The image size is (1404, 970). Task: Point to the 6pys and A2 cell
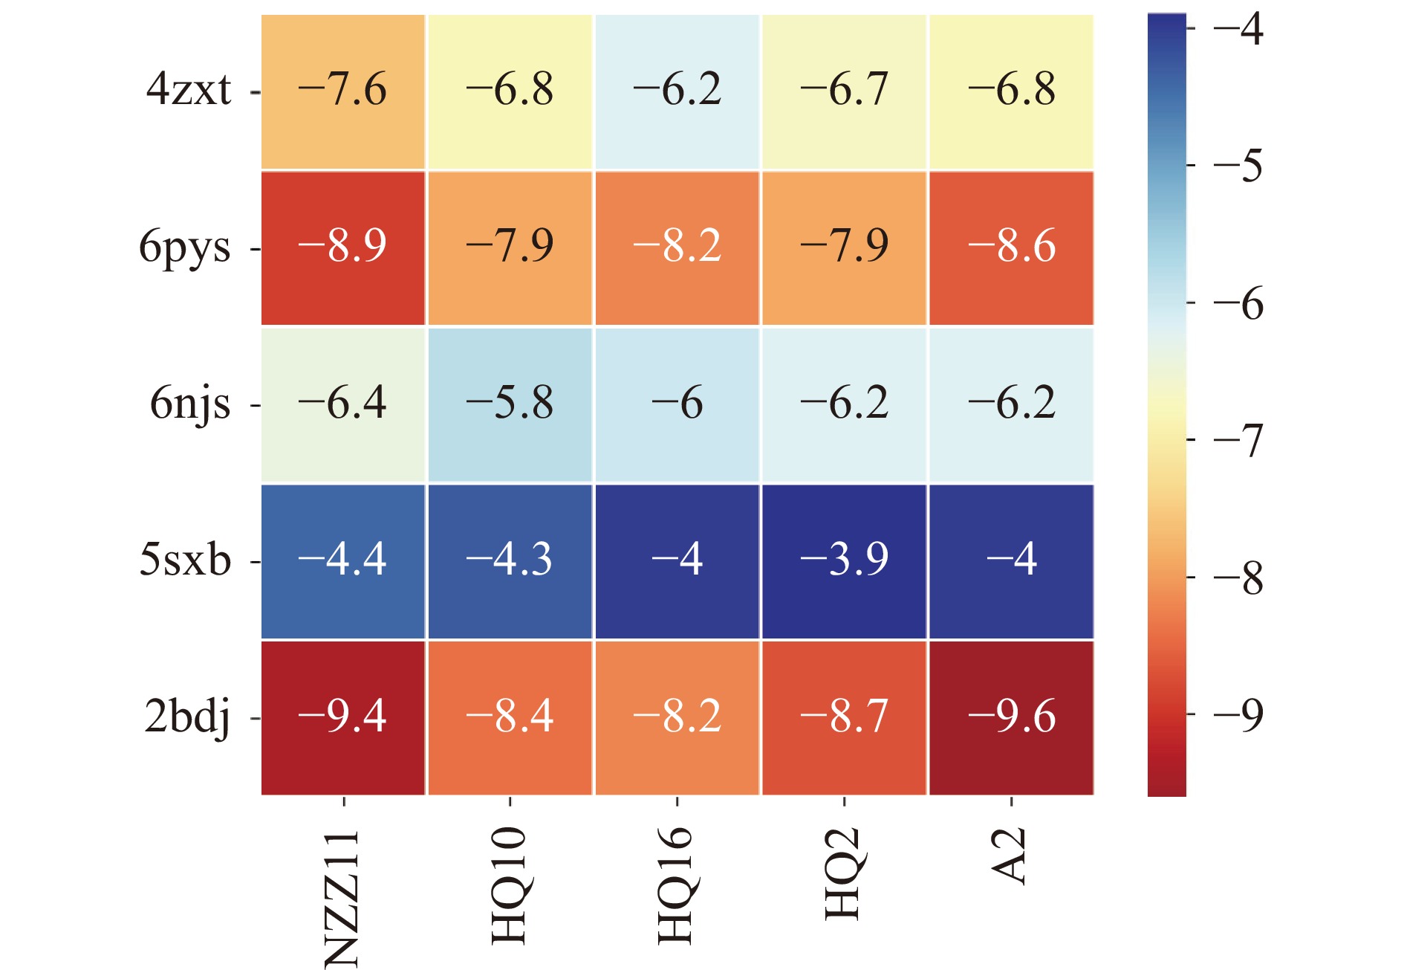click(x=1011, y=248)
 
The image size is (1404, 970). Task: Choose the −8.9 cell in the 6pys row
click(x=342, y=248)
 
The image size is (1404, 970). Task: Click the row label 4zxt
click(x=189, y=91)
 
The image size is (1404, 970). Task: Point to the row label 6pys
click(x=185, y=248)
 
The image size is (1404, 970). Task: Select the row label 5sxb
click(x=185, y=560)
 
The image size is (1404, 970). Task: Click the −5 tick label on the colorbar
click(x=1238, y=165)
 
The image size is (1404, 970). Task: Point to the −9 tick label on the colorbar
click(x=1238, y=715)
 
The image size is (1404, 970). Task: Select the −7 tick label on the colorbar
click(x=1238, y=440)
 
